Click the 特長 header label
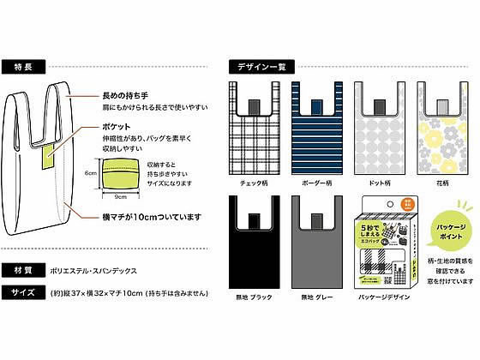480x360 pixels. [x=24, y=66]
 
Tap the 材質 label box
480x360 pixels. [x=25, y=268]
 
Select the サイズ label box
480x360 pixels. [x=25, y=291]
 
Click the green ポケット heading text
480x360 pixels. [x=111, y=125]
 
